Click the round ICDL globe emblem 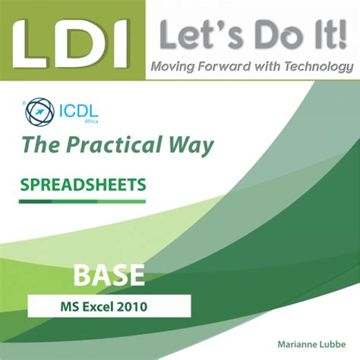point(39,113)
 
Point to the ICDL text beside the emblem point(77,112)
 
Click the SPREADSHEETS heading point(83,184)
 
